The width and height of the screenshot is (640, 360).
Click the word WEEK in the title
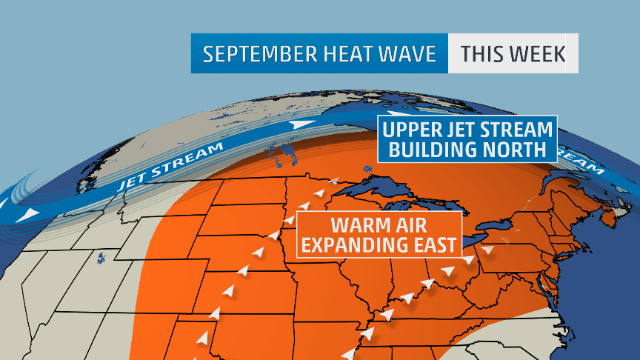541,53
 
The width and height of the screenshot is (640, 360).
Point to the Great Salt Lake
99,258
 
